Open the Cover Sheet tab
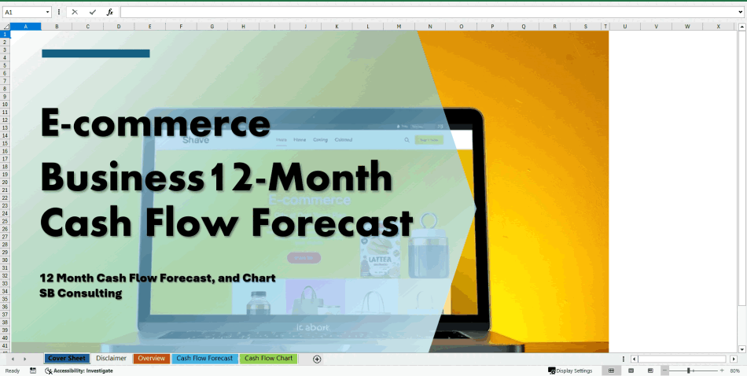coord(67,359)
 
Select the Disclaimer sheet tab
coord(111,359)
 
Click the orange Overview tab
coord(151,359)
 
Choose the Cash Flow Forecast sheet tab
coord(204,359)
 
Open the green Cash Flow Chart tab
coord(268,359)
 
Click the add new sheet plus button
coord(317,359)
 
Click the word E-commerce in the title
coord(156,123)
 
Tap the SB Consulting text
coord(81,293)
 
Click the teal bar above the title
coord(95,53)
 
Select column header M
coord(399,27)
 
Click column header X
coord(718,27)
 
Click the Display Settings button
coord(571,370)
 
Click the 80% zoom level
coord(735,370)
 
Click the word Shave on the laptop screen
coord(196,140)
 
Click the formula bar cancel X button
coord(75,13)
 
